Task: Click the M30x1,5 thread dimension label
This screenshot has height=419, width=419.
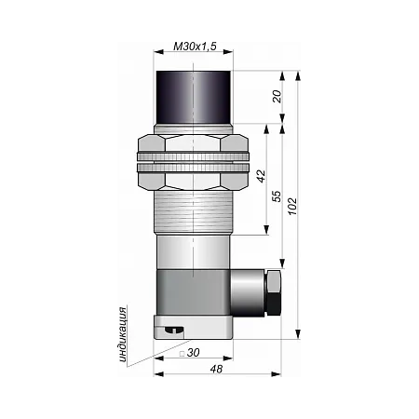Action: pos(195,47)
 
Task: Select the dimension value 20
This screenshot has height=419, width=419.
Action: pos(277,96)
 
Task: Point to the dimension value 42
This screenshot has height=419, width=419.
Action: pos(262,176)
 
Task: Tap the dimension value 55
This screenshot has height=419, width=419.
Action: pos(277,196)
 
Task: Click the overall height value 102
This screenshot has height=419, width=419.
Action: pos(292,206)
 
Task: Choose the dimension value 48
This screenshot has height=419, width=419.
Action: pos(216,369)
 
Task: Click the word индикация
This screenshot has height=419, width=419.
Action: pos(123,334)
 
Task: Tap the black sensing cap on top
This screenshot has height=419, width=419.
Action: pos(194,98)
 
